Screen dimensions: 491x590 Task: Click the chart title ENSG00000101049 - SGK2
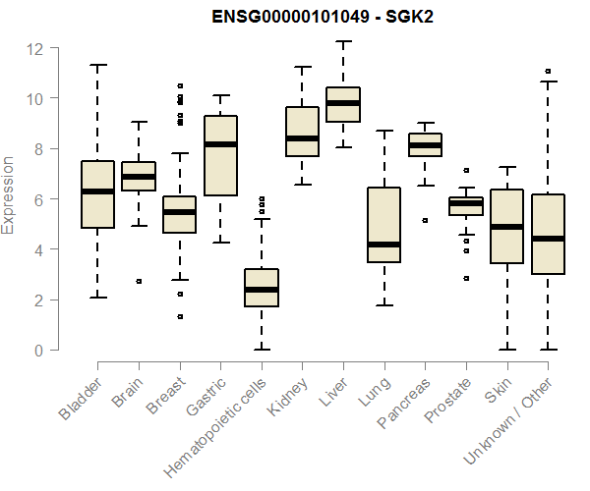tap(323, 17)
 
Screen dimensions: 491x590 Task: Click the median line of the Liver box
tap(343, 102)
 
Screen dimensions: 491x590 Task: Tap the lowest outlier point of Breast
tap(180, 316)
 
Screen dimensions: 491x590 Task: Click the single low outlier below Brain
tap(139, 281)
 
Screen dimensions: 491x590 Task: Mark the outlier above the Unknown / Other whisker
tap(548, 71)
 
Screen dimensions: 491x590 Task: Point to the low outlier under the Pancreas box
tap(425, 221)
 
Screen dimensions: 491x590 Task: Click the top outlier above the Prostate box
tap(466, 171)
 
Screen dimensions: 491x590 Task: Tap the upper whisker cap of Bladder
tap(97, 65)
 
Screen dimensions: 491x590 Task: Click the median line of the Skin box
tap(506, 227)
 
